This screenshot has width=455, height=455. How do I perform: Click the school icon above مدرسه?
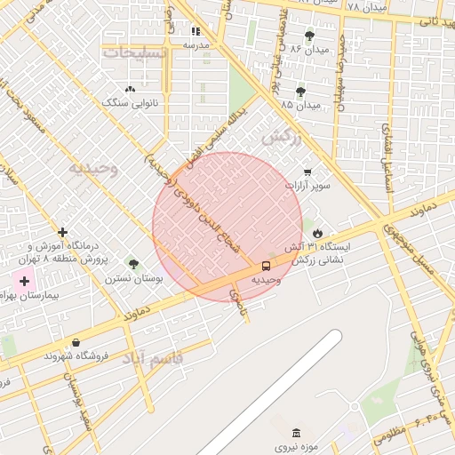pyautogui.click(x=196, y=32)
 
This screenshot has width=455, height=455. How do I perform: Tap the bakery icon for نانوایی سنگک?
pyautogui.click(x=132, y=89)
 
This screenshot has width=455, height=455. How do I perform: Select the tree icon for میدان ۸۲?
pyautogui.click(x=309, y=36)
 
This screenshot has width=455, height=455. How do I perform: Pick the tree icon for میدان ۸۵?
pyautogui.click(x=301, y=91)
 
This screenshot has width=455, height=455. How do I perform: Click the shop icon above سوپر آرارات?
pyautogui.click(x=307, y=172)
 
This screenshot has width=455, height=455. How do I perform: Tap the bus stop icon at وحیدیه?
pyautogui.click(x=267, y=266)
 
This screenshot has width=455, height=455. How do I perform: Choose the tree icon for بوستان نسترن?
pyautogui.click(x=133, y=264)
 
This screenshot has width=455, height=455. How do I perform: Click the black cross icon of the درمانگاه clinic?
pyautogui.click(x=62, y=232)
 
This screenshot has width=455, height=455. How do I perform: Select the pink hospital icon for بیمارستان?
pyautogui.click(x=23, y=281)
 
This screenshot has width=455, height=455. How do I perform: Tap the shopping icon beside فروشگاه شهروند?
pyautogui.click(x=76, y=342)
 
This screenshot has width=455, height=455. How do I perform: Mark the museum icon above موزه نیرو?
pyautogui.click(x=296, y=433)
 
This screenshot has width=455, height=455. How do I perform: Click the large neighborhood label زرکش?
pyautogui.click(x=283, y=139)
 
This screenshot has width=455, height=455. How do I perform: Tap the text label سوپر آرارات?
pyautogui.click(x=307, y=187)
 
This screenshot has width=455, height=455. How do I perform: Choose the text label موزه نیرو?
pyautogui.click(x=294, y=447)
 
